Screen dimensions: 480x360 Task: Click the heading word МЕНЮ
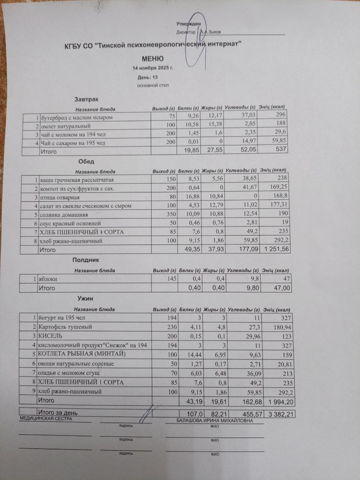coord(153,59)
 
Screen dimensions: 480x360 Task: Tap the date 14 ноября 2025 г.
coord(153,68)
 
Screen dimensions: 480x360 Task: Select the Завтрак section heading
coord(86,99)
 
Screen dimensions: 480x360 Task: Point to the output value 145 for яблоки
coord(171,279)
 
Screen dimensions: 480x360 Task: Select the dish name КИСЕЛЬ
coord(50,336)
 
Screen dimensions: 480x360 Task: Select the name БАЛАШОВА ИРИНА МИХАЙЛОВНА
coord(214,421)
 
